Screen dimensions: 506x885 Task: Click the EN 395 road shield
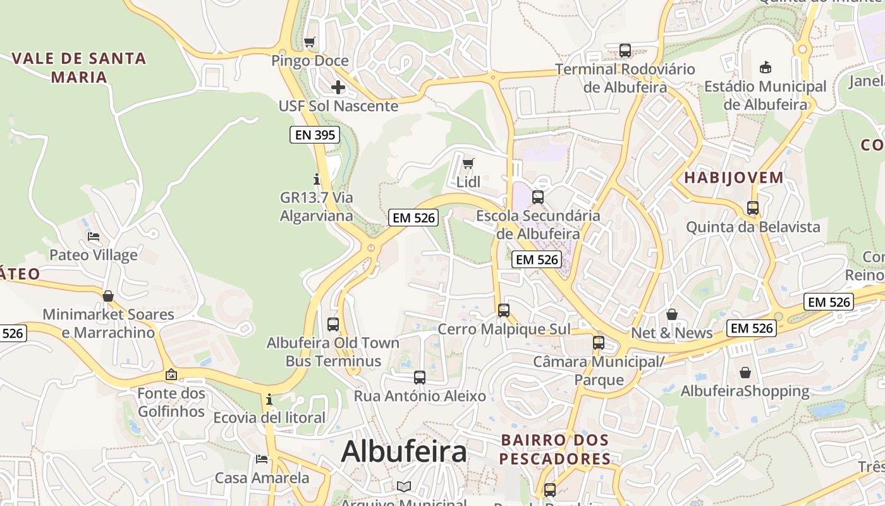point(315,135)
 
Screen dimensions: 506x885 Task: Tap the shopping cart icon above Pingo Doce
point(310,42)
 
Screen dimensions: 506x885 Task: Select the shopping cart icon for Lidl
point(468,164)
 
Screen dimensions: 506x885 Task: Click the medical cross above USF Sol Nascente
point(338,87)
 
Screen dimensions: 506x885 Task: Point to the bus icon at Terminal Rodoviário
point(625,51)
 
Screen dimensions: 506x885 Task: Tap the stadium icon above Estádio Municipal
point(766,68)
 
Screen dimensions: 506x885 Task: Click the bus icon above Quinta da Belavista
point(753,208)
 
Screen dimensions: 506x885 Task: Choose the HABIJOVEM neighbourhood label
point(734,178)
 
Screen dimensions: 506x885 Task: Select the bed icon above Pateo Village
point(94,237)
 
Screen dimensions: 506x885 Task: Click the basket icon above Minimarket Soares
point(108,296)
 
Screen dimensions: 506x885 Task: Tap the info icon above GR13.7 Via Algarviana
point(317,180)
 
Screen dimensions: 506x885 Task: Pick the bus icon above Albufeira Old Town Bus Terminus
point(333,324)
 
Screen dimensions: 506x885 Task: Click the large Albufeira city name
point(404,452)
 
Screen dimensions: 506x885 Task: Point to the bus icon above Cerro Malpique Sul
point(504,311)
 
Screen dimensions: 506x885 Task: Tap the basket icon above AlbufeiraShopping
point(745,373)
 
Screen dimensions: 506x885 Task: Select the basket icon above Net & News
point(672,314)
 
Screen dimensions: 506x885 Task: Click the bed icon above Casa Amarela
point(262,459)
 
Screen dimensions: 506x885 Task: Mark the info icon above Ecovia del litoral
point(269,399)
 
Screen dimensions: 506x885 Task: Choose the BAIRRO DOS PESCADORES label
point(555,449)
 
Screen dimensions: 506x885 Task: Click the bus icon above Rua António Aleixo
point(420,378)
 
